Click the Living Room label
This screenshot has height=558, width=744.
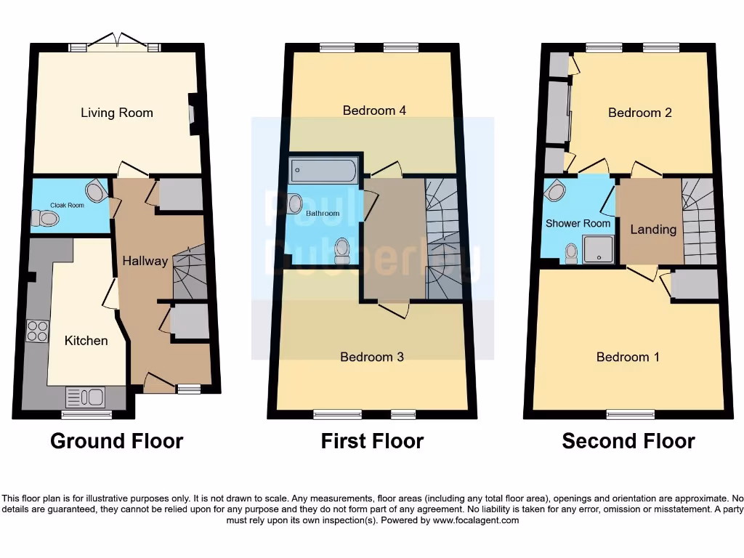pyautogui.click(x=117, y=113)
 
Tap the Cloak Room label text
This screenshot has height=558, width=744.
pyautogui.click(x=67, y=206)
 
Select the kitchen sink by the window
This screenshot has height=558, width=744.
pyautogui.click(x=86, y=397)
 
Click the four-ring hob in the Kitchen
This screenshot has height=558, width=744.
pyautogui.click(x=37, y=331)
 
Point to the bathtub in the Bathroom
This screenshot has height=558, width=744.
pyautogui.click(x=323, y=171)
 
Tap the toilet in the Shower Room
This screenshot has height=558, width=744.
pyautogui.click(x=572, y=252)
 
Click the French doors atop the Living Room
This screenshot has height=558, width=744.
pyautogui.click(x=116, y=43)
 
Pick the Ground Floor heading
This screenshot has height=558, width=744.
pyautogui.click(x=116, y=441)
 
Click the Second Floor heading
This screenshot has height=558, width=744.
pyautogui.click(x=628, y=441)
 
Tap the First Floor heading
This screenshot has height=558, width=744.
pyautogui.click(x=372, y=441)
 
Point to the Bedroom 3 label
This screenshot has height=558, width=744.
pyautogui.click(x=372, y=357)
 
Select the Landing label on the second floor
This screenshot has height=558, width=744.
pyautogui.click(x=653, y=230)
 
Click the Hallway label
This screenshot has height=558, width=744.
pyautogui.click(x=145, y=261)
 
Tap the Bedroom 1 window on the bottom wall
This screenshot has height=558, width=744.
pyautogui.click(x=630, y=415)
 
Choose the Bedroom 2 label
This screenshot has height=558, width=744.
pyautogui.click(x=640, y=113)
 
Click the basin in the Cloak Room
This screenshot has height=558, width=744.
pyautogui.click(x=95, y=192)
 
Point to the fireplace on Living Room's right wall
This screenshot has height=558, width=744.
pyautogui.click(x=193, y=114)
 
